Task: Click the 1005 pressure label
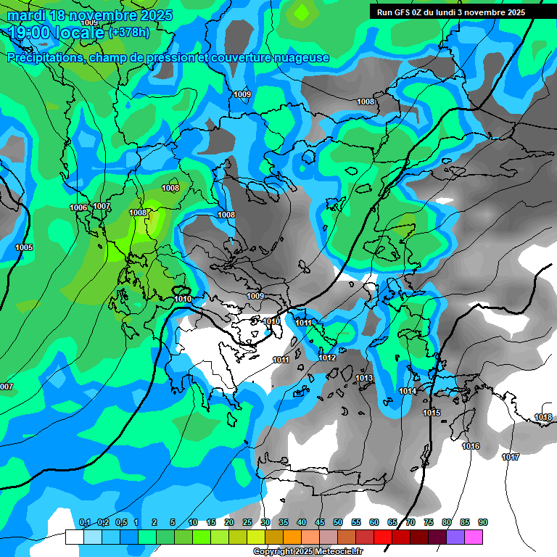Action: point(24,247)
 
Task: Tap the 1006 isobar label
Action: point(78,208)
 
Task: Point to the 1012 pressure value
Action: point(327,358)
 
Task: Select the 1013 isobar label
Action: point(364,378)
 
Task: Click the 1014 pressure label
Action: point(408,391)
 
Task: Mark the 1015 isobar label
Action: point(432,413)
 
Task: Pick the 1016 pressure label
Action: point(471,446)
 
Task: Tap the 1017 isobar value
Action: point(511,457)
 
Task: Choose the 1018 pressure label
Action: point(542,417)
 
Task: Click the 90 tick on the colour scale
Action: point(482,522)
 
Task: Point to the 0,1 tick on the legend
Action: point(84,522)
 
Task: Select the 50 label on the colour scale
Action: point(338,522)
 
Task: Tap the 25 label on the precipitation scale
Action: point(247,522)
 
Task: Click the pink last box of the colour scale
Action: point(474,537)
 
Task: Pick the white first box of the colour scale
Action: point(74,537)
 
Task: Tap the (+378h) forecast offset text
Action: point(128,33)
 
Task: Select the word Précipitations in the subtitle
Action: point(44,57)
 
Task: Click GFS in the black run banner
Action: point(403,12)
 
